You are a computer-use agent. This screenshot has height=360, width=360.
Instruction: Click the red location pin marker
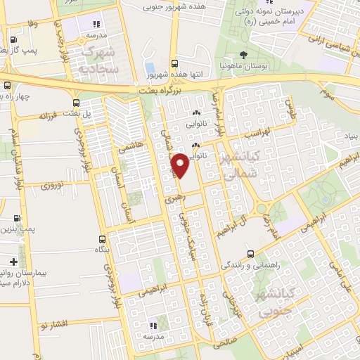tap(180, 165)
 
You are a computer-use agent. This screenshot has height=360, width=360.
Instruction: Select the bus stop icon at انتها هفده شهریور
tap(174, 61)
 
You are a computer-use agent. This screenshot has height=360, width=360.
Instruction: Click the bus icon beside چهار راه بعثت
tap(7, 86)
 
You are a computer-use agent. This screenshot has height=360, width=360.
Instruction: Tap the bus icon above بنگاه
tap(103, 240)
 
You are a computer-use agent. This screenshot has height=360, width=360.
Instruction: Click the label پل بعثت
tap(78, 114)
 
